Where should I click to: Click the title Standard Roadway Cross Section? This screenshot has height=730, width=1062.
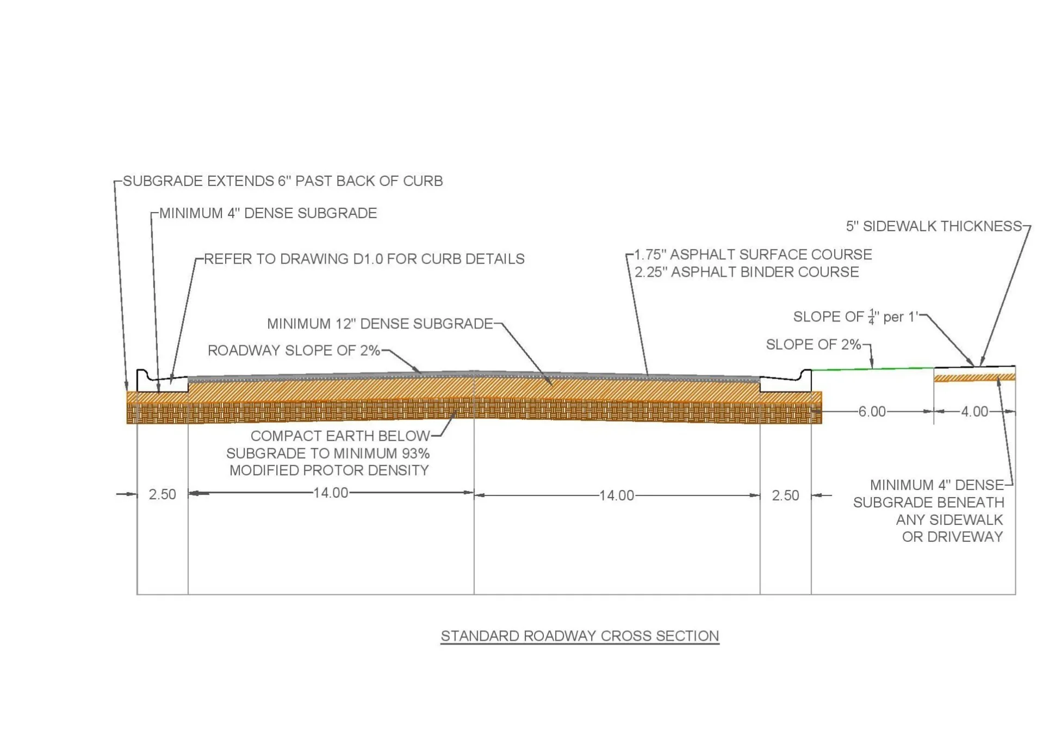click(580, 636)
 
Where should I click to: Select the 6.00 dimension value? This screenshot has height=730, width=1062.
click(872, 412)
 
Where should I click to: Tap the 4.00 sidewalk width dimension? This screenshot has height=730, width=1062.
click(974, 412)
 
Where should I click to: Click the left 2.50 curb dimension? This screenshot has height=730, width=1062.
click(162, 494)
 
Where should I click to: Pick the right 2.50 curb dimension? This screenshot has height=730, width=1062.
click(785, 496)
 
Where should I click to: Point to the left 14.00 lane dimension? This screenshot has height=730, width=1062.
click(331, 493)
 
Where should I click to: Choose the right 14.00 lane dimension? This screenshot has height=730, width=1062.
click(617, 496)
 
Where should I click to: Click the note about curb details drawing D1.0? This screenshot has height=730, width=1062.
click(364, 259)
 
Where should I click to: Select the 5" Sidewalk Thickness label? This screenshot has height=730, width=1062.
click(934, 226)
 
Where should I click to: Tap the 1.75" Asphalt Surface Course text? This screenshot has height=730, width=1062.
click(753, 255)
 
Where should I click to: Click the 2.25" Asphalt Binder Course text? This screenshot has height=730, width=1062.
click(747, 272)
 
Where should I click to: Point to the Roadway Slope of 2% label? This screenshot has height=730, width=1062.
click(294, 350)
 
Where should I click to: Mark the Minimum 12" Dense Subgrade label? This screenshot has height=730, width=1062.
click(380, 324)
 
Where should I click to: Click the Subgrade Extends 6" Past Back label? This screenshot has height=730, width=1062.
click(283, 181)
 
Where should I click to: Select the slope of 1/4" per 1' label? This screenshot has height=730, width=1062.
click(855, 317)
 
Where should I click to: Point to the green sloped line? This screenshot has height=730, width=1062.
click(872, 369)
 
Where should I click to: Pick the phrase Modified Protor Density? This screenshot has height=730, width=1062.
click(329, 471)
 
